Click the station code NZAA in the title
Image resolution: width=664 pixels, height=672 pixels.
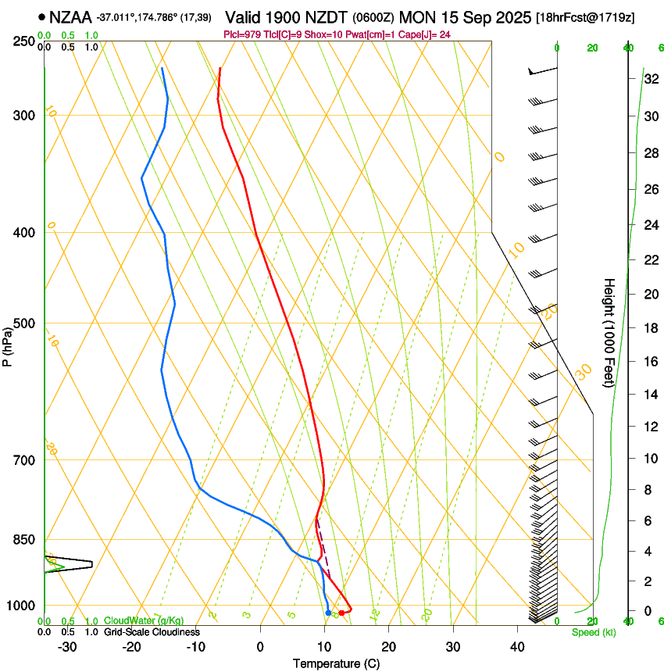coord(71,16)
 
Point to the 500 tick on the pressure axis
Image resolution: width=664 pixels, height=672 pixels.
coord(24,323)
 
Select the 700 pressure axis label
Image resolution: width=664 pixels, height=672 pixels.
coord(24,459)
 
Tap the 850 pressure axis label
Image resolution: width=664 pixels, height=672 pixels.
coord(24,539)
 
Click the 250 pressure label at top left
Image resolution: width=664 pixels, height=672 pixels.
coord(24,41)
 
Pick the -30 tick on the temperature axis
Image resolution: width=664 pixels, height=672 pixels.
coord(67,646)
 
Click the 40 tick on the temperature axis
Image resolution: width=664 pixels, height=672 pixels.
coord(516,646)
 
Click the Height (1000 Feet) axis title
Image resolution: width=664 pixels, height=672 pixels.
coord(610,332)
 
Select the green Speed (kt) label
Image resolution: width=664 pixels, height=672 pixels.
coord(593,632)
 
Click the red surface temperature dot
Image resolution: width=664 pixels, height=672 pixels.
coord(341,613)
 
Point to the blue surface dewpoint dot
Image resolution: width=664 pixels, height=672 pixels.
coord(328,613)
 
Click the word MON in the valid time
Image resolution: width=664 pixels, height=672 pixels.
coord(415,16)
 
